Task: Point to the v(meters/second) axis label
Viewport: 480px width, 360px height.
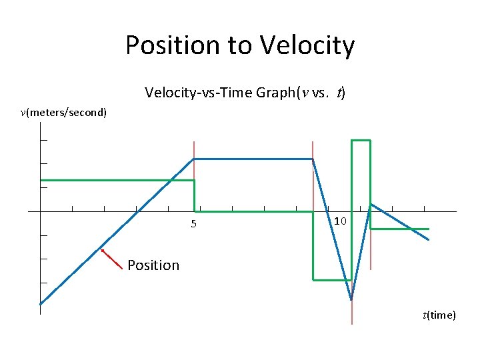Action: (63, 112)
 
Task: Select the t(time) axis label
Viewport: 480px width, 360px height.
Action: (439, 315)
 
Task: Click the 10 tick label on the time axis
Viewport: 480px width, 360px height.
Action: (340, 221)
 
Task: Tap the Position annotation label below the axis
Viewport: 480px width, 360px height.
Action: (153, 265)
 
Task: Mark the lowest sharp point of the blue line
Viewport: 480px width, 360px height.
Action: (351, 299)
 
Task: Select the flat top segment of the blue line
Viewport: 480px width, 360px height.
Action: (253, 159)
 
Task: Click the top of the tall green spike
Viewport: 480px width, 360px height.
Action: (361, 141)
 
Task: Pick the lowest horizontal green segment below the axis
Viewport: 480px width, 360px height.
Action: (331, 280)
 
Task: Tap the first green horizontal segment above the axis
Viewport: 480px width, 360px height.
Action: (117, 180)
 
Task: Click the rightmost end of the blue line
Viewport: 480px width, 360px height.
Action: (428, 239)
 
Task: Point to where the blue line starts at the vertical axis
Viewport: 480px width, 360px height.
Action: (41, 304)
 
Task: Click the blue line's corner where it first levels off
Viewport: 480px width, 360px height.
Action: (193, 159)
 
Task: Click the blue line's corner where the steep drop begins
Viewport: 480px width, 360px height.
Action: (313, 159)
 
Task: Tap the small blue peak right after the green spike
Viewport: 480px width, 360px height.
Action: (371, 204)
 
